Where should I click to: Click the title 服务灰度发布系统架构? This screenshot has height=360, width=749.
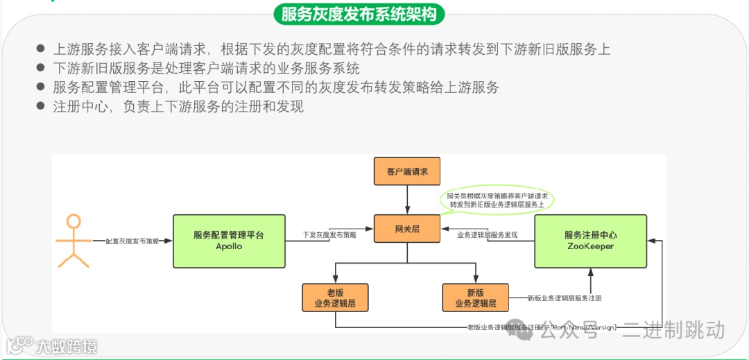click(359, 14)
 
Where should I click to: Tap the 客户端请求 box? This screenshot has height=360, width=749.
click(407, 171)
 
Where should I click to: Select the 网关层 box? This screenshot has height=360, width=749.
click(407, 229)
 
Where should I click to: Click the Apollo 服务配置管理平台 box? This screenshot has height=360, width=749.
click(228, 241)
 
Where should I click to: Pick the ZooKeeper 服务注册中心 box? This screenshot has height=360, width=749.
click(589, 241)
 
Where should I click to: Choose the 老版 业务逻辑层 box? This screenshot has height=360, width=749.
click(335, 298)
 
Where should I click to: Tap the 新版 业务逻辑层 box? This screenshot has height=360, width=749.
click(475, 298)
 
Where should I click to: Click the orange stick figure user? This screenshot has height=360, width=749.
click(74, 241)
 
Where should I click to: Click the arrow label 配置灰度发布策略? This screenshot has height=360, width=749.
click(132, 241)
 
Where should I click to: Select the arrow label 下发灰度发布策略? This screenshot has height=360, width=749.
click(329, 235)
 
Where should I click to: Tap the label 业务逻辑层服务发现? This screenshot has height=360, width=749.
click(487, 235)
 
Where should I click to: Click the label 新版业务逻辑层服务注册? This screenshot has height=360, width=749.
click(564, 298)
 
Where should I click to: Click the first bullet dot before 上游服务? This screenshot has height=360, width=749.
click(40, 49)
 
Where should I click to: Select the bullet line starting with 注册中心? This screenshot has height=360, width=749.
click(178, 107)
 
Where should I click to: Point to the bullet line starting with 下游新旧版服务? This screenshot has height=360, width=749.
click(206, 69)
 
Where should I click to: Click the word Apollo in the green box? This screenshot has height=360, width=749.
click(228, 246)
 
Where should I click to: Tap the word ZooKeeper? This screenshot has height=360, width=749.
click(589, 246)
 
